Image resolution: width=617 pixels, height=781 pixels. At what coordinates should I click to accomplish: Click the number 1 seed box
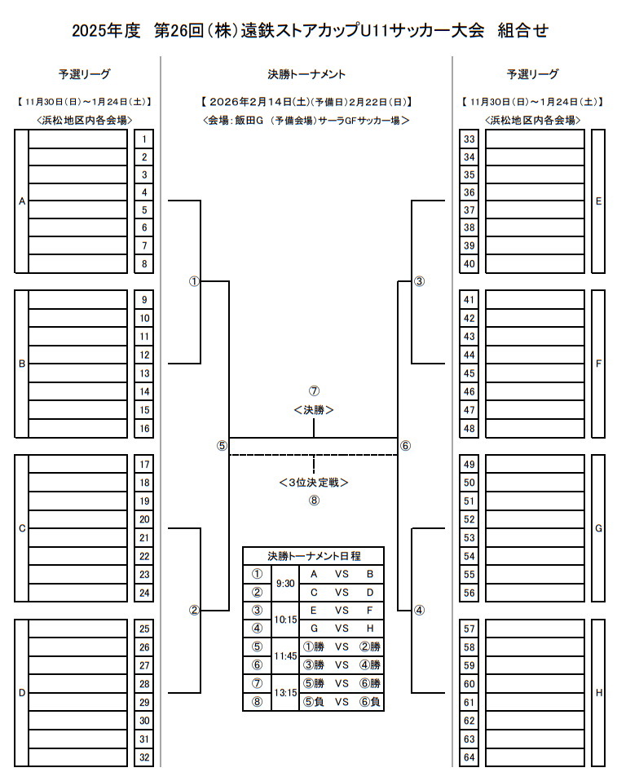(143, 139)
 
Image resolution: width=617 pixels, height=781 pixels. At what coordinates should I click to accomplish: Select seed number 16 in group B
(143, 428)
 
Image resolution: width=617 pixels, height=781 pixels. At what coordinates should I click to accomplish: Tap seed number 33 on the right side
(469, 139)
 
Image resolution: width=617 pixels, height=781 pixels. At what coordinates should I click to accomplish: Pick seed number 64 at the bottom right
(469, 757)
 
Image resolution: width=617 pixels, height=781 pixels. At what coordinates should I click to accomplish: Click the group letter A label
(22, 201)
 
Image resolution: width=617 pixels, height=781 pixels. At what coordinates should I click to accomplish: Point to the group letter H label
(598, 693)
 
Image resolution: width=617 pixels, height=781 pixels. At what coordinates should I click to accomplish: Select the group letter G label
(598, 528)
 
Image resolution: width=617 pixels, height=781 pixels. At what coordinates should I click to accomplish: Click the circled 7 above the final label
(314, 390)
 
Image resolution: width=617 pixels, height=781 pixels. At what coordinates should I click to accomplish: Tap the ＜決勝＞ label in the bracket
(314, 410)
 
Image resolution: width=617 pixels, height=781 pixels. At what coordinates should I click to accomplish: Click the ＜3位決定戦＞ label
(314, 482)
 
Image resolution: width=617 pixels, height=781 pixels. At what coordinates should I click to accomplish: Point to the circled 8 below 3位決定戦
(314, 501)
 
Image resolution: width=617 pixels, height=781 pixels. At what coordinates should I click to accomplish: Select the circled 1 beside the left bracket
(194, 281)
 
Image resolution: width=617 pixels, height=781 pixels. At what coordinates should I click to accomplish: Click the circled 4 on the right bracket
(419, 610)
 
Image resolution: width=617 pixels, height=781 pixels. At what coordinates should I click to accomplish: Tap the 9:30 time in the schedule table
(285, 583)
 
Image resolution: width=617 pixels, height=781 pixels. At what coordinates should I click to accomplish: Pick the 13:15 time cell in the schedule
(285, 692)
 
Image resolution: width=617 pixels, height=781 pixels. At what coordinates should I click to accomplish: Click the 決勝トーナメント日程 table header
(314, 556)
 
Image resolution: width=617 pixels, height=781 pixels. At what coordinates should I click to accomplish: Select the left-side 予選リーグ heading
(85, 74)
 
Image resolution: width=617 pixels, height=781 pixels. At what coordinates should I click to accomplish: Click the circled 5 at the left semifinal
(222, 446)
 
